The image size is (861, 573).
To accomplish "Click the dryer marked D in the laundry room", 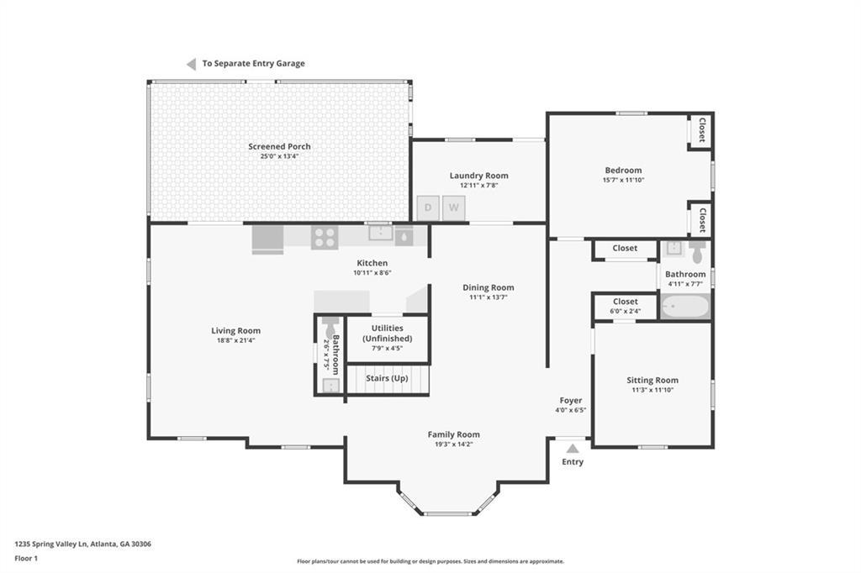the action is (x=428, y=208).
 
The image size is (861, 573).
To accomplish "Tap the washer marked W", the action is (x=453, y=208).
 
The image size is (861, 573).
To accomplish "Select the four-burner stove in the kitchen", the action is (x=325, y=238).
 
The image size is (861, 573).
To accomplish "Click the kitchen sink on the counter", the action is (x=381, y=233).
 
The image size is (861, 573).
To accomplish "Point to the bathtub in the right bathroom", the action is (x=684, y=307).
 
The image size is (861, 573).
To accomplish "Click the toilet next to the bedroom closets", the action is (x=697, y=252).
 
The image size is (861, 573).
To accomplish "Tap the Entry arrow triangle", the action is (x=573, y=449).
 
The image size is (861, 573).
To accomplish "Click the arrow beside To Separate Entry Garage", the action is (x=191, y=64).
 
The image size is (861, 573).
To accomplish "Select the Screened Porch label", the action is (x=279, y=146).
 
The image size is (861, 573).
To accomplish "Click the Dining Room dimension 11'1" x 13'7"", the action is (x=489, y=297).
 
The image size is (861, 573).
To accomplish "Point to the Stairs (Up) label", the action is (x=387, y=378).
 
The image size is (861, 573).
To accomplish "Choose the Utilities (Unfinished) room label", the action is (x=387, y=334).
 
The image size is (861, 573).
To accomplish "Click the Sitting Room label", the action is (x=652, y=380).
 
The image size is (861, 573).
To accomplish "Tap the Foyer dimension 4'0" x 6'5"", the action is (x=571, y=410).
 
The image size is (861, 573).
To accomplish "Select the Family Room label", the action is (x=453, y=434).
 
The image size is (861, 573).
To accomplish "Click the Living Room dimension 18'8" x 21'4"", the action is (x=236, y=340).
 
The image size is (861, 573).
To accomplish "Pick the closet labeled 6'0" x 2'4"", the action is (x=626, y=307).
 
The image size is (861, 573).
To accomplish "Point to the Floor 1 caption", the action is (x=26, y=558).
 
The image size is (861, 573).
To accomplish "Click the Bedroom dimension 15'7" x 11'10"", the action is (x=623, y=180).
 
